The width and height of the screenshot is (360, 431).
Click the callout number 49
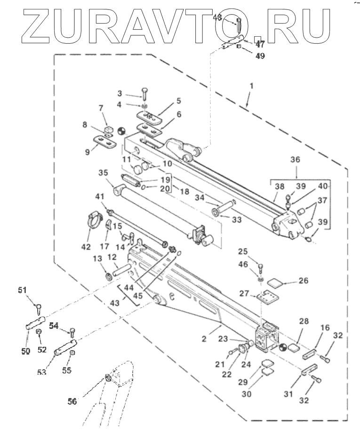[260, 56]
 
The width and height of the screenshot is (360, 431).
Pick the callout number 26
[304, 281]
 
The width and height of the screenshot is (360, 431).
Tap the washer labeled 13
[108, 276]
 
